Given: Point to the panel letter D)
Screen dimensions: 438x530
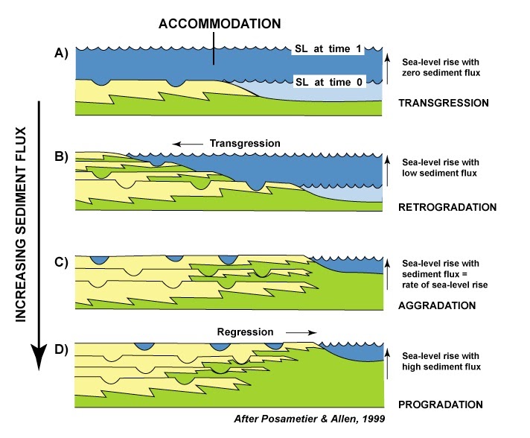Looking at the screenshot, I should (x=60, y=350).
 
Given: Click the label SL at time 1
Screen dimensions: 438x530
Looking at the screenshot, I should (x=327, y=49).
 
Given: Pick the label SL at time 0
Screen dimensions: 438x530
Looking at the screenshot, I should (x=327, y=81).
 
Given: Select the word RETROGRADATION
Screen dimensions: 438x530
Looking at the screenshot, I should (x=447, y=206).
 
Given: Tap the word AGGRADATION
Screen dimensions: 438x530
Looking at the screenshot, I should (x=438, y=305).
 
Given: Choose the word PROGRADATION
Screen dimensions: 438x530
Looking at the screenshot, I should (x=441, y=404).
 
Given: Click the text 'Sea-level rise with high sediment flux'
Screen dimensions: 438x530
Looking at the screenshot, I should (x=441, y=361).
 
